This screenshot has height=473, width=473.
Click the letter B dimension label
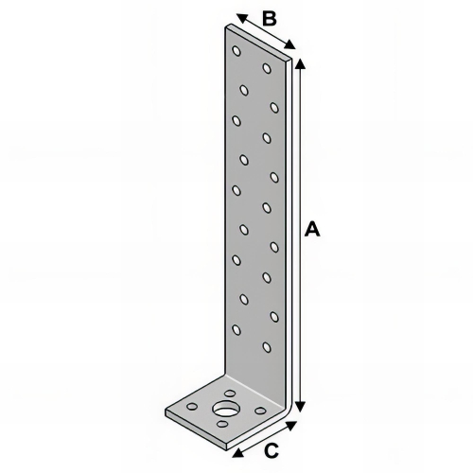click(268, 18)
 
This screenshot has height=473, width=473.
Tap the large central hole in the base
click(225, 410)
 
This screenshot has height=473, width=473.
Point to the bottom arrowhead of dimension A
click(301, 407)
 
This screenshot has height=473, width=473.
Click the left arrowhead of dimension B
click(239, 17)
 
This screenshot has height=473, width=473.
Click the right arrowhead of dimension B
click(293, 46)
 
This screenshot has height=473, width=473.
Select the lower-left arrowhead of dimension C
click(236, 451)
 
